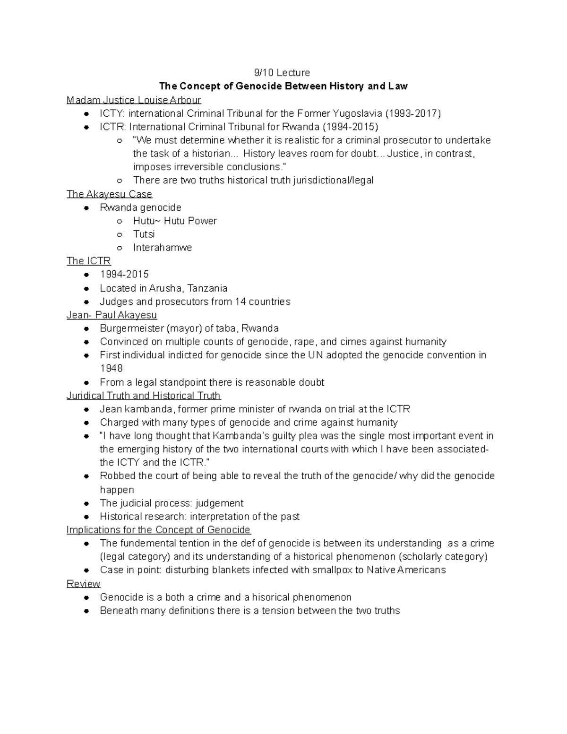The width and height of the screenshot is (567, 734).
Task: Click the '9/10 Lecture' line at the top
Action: pyautogui.click(x=282, y=73)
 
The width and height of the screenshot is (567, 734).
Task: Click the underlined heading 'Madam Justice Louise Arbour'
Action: pyautogui.click(x=134, y=100)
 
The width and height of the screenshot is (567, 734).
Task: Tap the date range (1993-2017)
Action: pyautogui.click(x=413, y=113)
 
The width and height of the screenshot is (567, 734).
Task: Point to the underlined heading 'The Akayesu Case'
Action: pyautogui.click(x=109, y=194)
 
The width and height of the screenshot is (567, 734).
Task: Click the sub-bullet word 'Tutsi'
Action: pyautogui.click(x=144, y=234)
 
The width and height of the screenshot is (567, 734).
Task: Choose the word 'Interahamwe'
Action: pyautogui.click(x=162, y=248)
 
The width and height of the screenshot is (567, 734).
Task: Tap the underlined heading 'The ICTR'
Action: pyautogui.click(x=88, y=261)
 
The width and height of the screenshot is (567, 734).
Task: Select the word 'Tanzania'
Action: pyautogui.click(x=207, y=288)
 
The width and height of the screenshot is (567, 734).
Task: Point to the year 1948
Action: pyautogui.click(x=111, y=368)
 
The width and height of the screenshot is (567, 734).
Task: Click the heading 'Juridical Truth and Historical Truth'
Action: pyautogui.click(x=144, y=396)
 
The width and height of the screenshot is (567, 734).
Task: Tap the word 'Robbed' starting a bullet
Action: pyautogui.click(x=115, y=476)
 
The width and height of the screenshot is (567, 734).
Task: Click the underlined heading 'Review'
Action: pyautogui.click(x=83, y=583)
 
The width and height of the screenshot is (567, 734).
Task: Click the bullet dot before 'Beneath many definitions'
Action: pyautogui.click(x=86, y=611)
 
